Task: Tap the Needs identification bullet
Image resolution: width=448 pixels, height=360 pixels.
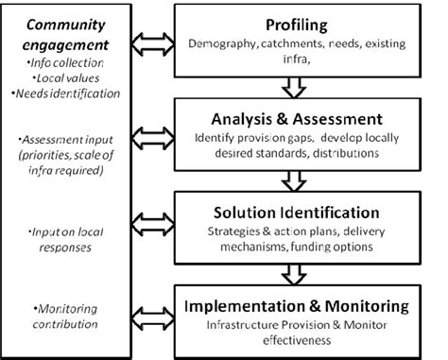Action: pos(67,94)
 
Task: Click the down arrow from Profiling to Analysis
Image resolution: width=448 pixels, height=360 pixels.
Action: pos(297,87)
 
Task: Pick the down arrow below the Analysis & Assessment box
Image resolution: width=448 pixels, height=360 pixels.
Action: pos(297,179)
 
